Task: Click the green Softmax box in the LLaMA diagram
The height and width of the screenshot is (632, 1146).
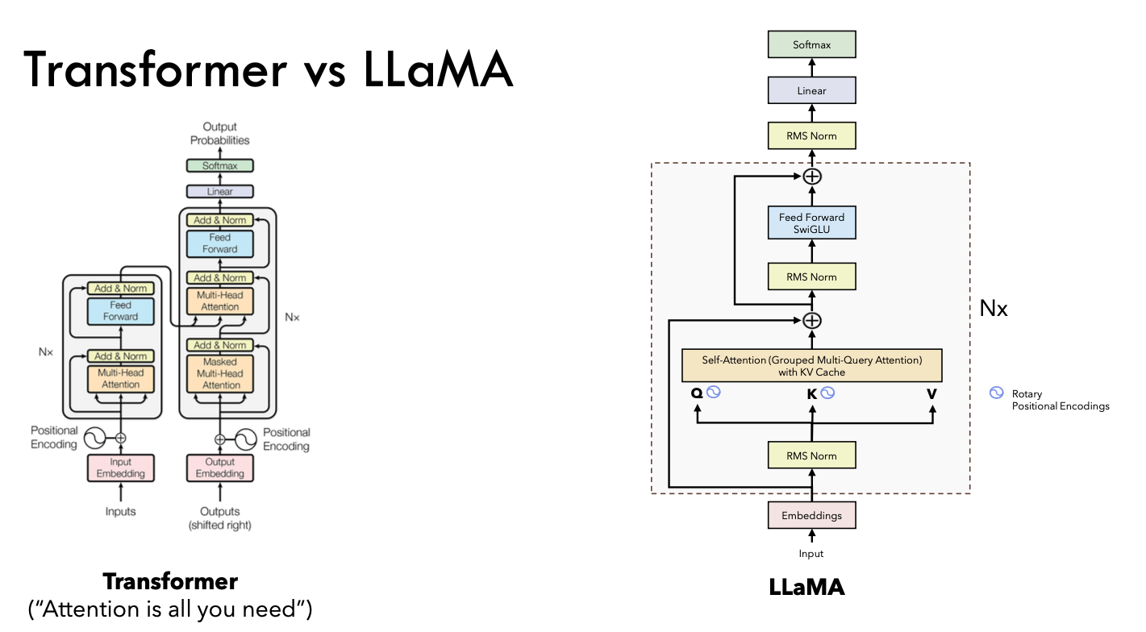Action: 811,44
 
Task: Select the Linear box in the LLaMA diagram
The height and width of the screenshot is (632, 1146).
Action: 811,90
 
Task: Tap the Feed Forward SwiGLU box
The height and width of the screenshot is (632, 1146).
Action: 811,223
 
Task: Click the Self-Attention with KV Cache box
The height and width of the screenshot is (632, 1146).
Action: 811,366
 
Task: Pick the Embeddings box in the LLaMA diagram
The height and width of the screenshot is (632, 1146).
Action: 811,515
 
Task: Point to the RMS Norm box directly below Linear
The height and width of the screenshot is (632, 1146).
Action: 811,136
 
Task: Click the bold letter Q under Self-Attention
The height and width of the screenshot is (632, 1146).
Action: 696,393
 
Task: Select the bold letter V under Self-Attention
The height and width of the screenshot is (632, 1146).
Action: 931,393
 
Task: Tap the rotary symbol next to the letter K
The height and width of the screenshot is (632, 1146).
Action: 827,393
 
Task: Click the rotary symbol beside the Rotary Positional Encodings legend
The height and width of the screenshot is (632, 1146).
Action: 996,393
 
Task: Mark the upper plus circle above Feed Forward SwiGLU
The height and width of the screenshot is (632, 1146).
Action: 812,177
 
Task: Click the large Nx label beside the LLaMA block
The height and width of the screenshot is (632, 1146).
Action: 993,308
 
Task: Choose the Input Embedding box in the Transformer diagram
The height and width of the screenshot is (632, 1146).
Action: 121,468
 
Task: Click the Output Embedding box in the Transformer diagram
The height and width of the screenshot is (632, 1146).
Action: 220,468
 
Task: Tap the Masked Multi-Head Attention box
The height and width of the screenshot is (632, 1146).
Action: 220,374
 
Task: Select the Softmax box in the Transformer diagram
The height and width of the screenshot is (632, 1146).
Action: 220,166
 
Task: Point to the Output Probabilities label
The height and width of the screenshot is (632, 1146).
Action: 220,134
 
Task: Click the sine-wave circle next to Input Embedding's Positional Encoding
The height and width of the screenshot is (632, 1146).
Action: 94,438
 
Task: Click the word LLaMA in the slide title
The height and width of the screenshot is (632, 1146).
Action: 438,70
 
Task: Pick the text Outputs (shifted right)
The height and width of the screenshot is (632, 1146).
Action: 220,518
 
